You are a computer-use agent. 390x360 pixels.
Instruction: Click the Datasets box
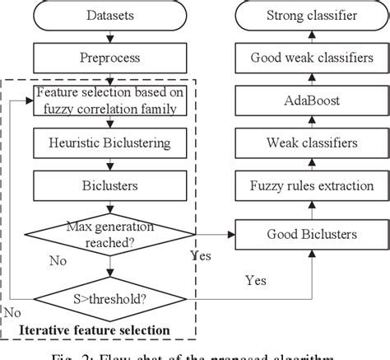pos(110,16)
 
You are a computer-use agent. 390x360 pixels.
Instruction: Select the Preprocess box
pos(110,59)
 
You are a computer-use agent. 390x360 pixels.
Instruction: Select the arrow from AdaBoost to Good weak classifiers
pos(312,80)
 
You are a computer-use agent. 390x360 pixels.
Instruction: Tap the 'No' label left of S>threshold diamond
pos(12,312)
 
